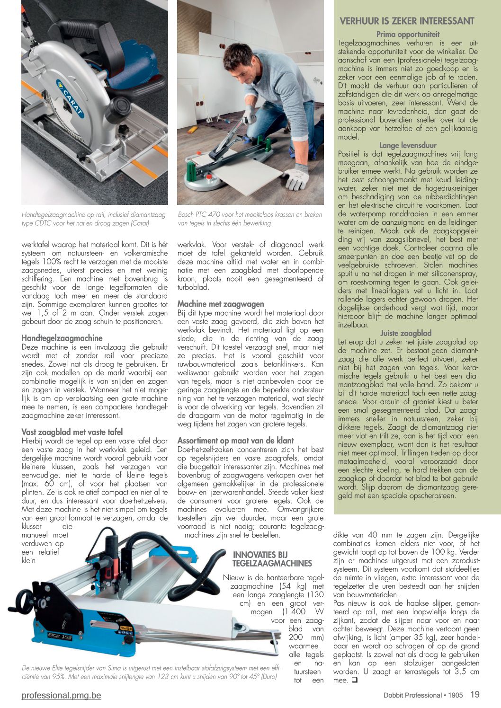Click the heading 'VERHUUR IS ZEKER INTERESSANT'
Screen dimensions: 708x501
407,21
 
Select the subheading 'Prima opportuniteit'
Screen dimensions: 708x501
408,34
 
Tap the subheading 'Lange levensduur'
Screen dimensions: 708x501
408,146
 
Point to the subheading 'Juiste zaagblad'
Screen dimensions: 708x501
406,333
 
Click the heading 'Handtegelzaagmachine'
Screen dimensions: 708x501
62,338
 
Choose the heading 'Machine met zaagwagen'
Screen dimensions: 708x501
221,304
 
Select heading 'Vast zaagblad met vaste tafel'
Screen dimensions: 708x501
72,432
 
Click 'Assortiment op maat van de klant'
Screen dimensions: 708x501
235,440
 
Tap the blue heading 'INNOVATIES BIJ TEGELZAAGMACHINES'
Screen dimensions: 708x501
272,559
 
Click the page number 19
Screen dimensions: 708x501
474,695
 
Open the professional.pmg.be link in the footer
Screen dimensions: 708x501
61,695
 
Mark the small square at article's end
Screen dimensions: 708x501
354,681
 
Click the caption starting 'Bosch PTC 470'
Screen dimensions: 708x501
250,219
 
